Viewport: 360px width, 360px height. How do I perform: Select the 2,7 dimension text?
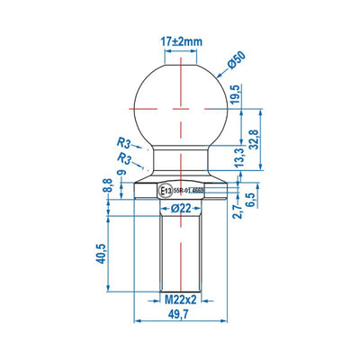click(236, 211)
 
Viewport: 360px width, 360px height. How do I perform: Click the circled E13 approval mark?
click(165, 191)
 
